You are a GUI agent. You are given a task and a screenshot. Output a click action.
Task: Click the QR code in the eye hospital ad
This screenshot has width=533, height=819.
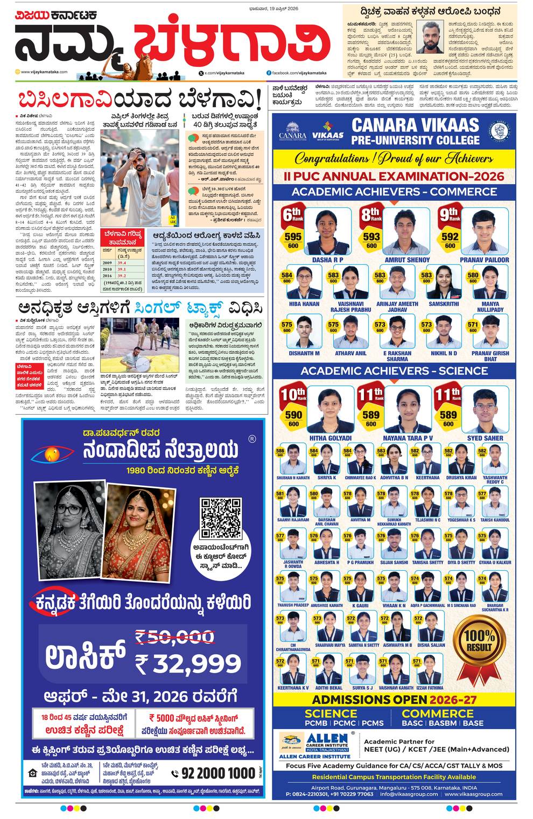[x=221, y=518]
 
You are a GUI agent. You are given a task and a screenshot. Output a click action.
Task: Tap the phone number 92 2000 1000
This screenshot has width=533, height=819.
[x=218, y=773]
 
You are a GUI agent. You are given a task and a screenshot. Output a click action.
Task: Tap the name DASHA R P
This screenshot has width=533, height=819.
[x=327, y=260]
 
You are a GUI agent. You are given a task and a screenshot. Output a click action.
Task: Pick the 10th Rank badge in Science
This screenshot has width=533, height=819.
[x=293, y=394]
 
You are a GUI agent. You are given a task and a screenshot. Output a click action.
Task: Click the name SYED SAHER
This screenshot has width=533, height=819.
[x=485, y=438]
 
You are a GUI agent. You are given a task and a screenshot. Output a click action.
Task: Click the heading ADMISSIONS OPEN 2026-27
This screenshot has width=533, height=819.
[x=394, y=699]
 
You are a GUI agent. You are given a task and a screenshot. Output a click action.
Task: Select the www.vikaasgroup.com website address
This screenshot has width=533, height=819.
[x=473, y=794]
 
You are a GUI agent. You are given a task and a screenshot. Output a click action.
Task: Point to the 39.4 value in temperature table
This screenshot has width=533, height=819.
[x=122, y=262]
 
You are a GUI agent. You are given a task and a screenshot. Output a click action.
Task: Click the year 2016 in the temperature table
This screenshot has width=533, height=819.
[x=108, y=275]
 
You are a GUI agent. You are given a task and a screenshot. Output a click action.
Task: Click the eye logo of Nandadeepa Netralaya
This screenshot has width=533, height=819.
[x=52, y=454]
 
